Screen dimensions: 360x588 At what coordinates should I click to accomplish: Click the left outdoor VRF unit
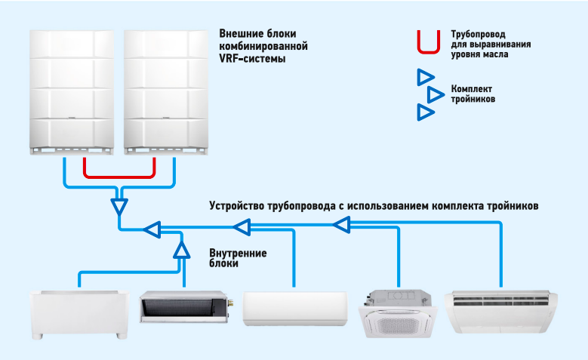pos(72,91)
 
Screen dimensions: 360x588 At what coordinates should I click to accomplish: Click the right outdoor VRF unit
pos(166,91)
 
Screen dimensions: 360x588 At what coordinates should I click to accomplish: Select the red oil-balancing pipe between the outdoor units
pos(119,168)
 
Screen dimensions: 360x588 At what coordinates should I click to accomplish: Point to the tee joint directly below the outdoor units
pos(119,205)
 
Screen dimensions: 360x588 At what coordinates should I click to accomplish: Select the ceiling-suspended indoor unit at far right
pos(503,309)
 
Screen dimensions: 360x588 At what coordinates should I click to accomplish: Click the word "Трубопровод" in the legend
pos(478,35)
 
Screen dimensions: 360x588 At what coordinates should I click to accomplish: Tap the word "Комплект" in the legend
pos(471,89)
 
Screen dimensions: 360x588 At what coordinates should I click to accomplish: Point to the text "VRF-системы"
pos(253,58)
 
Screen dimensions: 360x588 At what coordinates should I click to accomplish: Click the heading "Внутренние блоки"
pos(238,258)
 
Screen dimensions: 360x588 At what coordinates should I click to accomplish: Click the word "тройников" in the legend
pos(473,100)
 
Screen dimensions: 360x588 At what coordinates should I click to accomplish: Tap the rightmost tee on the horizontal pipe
pos(342,223)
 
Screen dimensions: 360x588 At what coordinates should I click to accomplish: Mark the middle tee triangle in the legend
pos(435,94)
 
